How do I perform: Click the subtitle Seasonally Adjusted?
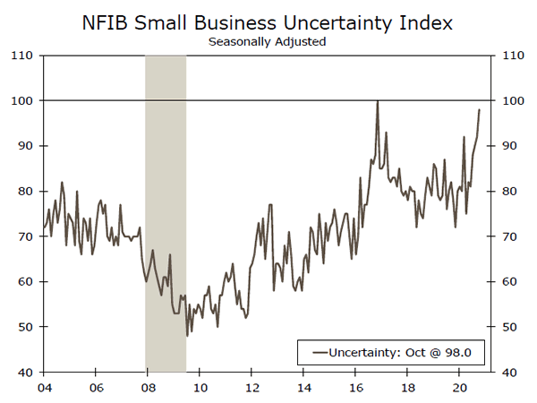(266, 40)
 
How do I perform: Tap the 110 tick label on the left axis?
(24, 56)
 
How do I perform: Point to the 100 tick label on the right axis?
(510, 100)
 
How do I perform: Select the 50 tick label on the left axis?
(27, 327)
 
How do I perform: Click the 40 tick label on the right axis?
(507, 372)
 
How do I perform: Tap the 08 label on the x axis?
(146, 389)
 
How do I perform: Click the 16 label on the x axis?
(356, 389)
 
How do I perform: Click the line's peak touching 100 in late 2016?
(377, 101)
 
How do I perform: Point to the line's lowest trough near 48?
(187, 335)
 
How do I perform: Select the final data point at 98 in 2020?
(480, 109)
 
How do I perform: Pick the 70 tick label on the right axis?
(507, 236)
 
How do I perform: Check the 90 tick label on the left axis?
(27, 146)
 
